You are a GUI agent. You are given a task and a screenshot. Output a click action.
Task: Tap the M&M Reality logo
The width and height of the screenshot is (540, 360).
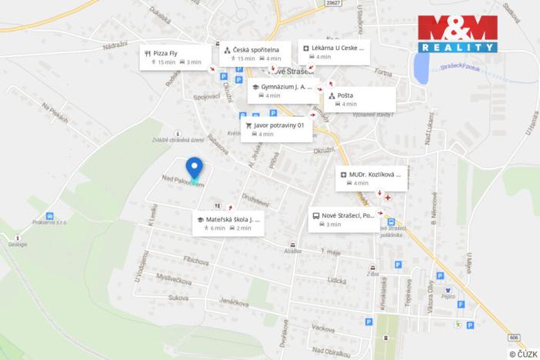[458, 34]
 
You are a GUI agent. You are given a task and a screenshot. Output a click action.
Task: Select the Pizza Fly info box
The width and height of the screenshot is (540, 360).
[172, 57]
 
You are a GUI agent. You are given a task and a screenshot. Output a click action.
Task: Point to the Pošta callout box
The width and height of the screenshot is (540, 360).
[360, 99]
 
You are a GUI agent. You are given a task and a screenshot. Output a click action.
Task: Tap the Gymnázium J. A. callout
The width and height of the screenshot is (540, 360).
[282, 91]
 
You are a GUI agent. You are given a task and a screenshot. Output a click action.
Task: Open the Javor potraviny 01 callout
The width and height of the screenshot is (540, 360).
[276, 129]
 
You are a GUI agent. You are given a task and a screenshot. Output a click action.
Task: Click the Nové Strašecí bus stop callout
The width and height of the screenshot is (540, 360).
[345, 219]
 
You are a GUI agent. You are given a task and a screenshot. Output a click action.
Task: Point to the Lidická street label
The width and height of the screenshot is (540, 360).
[336, 281]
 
